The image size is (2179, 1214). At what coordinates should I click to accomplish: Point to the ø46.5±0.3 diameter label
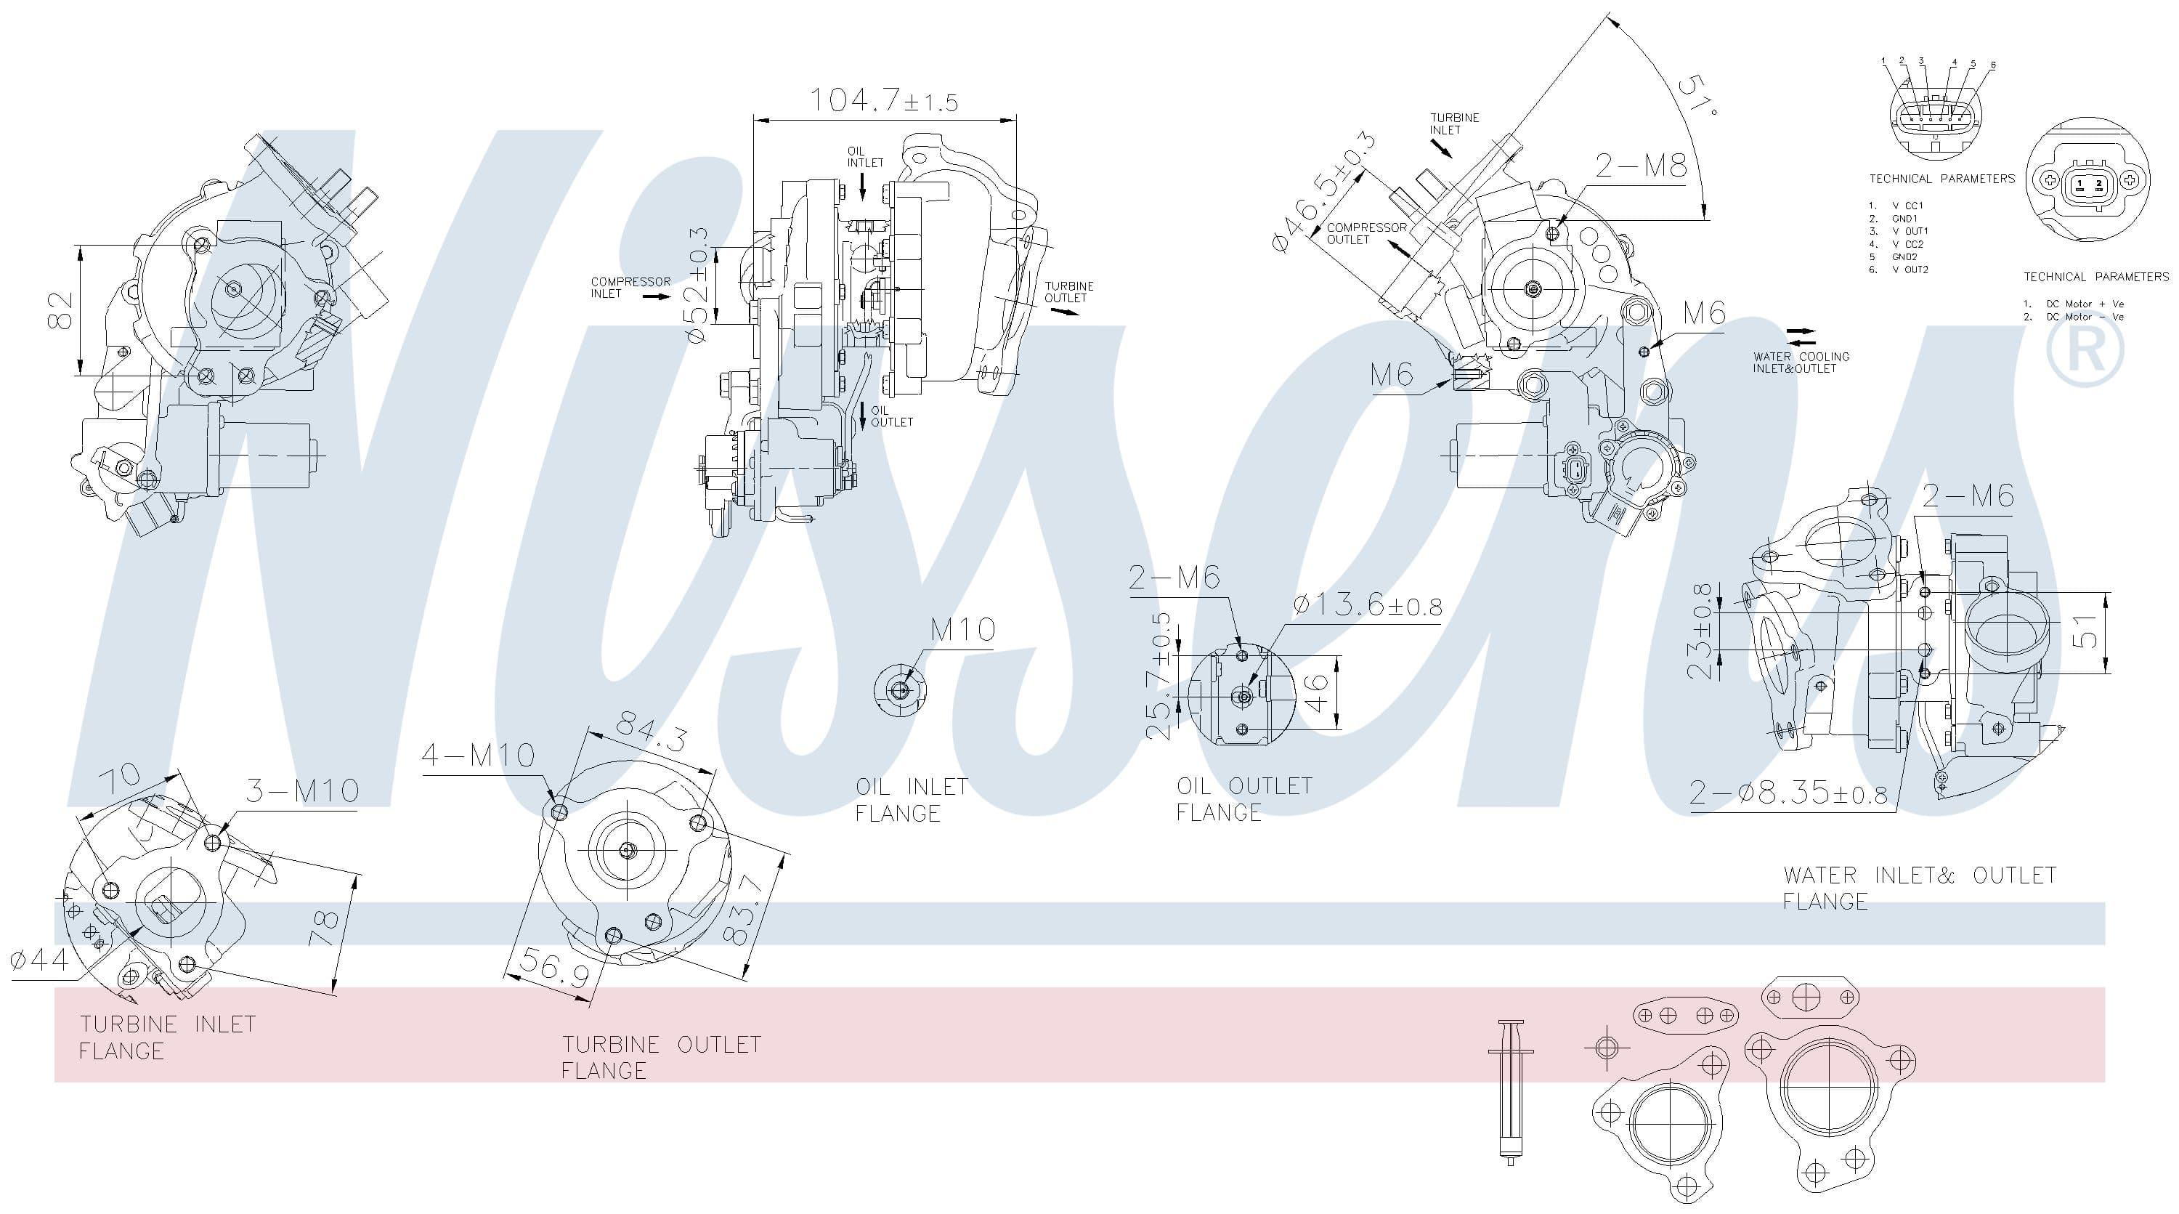[x=1324, y=192]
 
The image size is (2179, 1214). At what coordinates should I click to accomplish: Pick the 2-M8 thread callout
[x=1641, y=166]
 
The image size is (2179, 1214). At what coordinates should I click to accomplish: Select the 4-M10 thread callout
[x=478, y=755]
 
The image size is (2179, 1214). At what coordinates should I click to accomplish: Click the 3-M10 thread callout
[x=302, y=791]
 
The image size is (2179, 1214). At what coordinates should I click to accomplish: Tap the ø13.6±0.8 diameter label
[x=1368, y=606]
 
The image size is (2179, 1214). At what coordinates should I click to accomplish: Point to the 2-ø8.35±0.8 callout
[x=1788, y=793]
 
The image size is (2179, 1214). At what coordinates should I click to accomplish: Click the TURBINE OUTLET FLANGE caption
[x=662, y=1058]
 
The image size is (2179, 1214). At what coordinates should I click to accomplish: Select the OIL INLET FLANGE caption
[x=912, y=799]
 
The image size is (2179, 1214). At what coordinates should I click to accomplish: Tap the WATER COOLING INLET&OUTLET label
[x=1801, y=362]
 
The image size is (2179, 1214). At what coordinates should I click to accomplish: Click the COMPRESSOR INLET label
[x=630, y=288]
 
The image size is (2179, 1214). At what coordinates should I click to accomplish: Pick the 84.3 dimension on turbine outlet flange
[x=651, y=732]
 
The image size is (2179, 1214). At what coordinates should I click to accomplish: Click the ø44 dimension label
[x=40, y=959]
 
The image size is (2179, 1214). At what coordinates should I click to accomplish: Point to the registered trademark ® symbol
[x=2085, y=351]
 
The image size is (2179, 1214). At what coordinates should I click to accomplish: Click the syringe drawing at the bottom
[x=1510, y=1092]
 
